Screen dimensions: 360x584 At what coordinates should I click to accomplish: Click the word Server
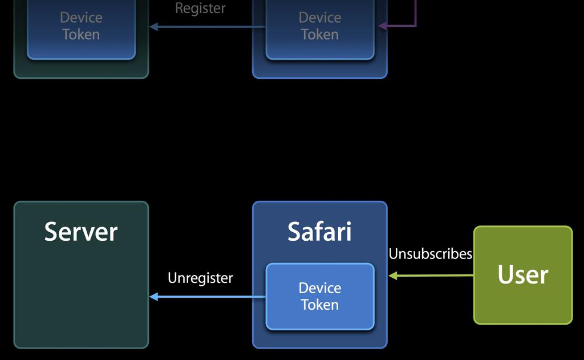coord(81,232)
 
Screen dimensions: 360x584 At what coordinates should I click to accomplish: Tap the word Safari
coord(319,232)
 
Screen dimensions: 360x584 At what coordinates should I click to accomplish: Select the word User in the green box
coord(522,274)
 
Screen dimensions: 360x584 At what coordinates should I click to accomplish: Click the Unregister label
coord(200,278)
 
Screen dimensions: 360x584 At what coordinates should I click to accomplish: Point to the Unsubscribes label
coord(431,254)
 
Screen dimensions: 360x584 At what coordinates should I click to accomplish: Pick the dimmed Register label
coord(200,9)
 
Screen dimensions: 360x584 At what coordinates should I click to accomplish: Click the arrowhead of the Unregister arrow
coord(153,297)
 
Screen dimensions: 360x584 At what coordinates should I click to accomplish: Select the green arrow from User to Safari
coord(433,276)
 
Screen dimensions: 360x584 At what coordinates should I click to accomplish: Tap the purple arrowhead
coord(382,26)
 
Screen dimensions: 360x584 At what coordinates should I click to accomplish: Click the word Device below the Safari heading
coord(320,288)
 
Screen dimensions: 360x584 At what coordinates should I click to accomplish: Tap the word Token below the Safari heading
coord(320,305)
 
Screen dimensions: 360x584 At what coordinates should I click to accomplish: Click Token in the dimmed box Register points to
coord(81,34)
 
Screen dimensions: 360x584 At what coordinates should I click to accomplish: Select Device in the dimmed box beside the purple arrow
coord(320,18)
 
